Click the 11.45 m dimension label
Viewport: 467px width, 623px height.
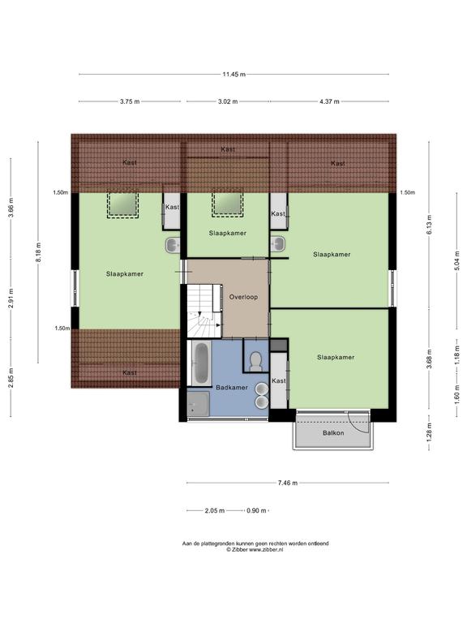[233, 74]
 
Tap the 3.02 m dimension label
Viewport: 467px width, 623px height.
[228, 101]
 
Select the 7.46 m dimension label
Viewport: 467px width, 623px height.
[288, 483]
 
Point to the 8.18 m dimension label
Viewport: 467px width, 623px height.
[39, 252]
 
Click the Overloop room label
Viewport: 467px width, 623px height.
[243, 297]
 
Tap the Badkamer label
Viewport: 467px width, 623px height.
[232, 387]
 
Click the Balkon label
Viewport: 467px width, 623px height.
[333, 432]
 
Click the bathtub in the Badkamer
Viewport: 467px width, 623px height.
[201, 363]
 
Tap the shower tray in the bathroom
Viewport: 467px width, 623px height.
[198, 404]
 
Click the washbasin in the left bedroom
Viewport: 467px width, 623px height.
[173, 245]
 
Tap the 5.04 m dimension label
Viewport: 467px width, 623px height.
[457, 260]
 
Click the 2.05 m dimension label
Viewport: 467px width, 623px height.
[215, 510]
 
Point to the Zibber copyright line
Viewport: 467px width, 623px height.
[255, 549]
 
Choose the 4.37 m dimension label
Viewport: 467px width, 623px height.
[329, 101]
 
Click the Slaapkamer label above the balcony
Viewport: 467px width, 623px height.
[336, 357]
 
